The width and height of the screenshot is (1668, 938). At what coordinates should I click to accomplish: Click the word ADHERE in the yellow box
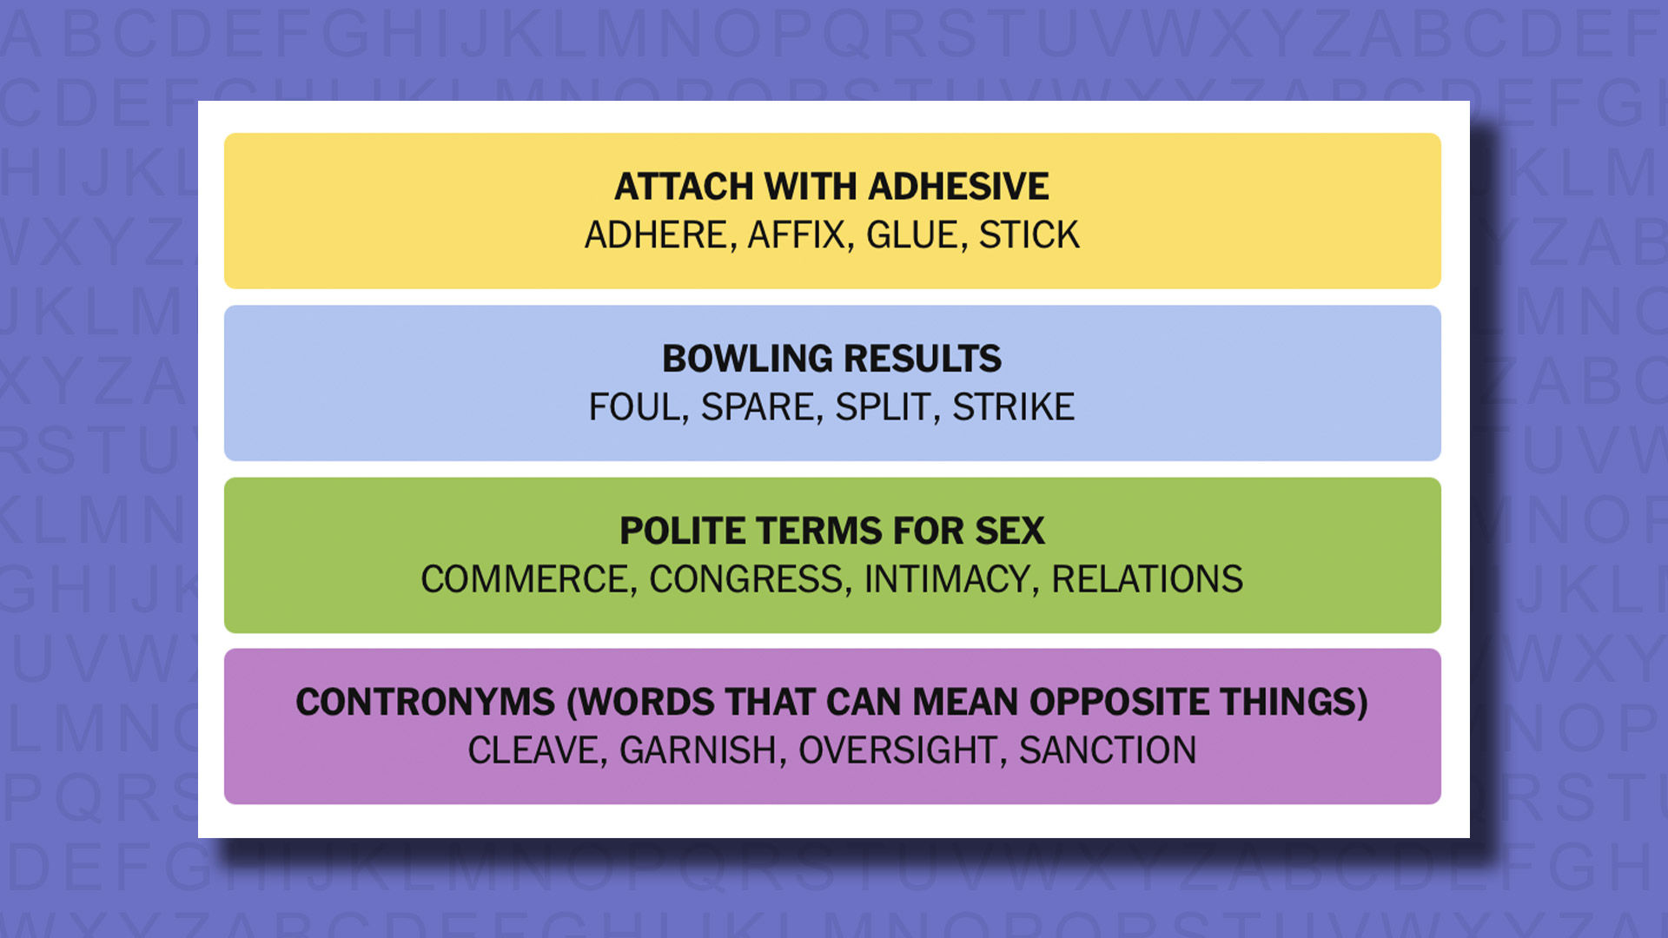click(x=656, y=235)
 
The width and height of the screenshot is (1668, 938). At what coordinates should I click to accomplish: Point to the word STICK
click(x=1029, y=235)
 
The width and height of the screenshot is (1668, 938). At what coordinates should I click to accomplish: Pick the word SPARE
click(x=757, y=407)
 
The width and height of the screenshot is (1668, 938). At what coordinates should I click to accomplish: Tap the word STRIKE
click(x=1013, y=407)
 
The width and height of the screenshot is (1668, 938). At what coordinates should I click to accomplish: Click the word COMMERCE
click(x=525, y=579)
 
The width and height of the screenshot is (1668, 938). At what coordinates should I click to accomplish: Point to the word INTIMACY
click(x=947, y=579)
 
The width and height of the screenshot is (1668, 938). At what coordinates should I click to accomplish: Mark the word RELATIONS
click(x=1147, y=579)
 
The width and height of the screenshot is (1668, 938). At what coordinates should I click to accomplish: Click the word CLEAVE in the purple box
click(x=533, y=750)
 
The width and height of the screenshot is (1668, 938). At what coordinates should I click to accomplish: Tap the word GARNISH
click(x=698, y=750)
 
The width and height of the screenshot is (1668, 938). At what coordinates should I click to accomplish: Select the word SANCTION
click(x=1108, y=750)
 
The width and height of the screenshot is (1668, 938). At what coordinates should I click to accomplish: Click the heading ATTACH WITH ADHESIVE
click(x=831, y=187)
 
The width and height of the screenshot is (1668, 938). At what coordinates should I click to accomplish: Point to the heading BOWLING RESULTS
click(x=831, y=359)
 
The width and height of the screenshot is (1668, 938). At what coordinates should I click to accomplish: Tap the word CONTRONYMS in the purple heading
click(x=425, y=702)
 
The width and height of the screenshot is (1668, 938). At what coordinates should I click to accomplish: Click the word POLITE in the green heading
click(x=681, y=531)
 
